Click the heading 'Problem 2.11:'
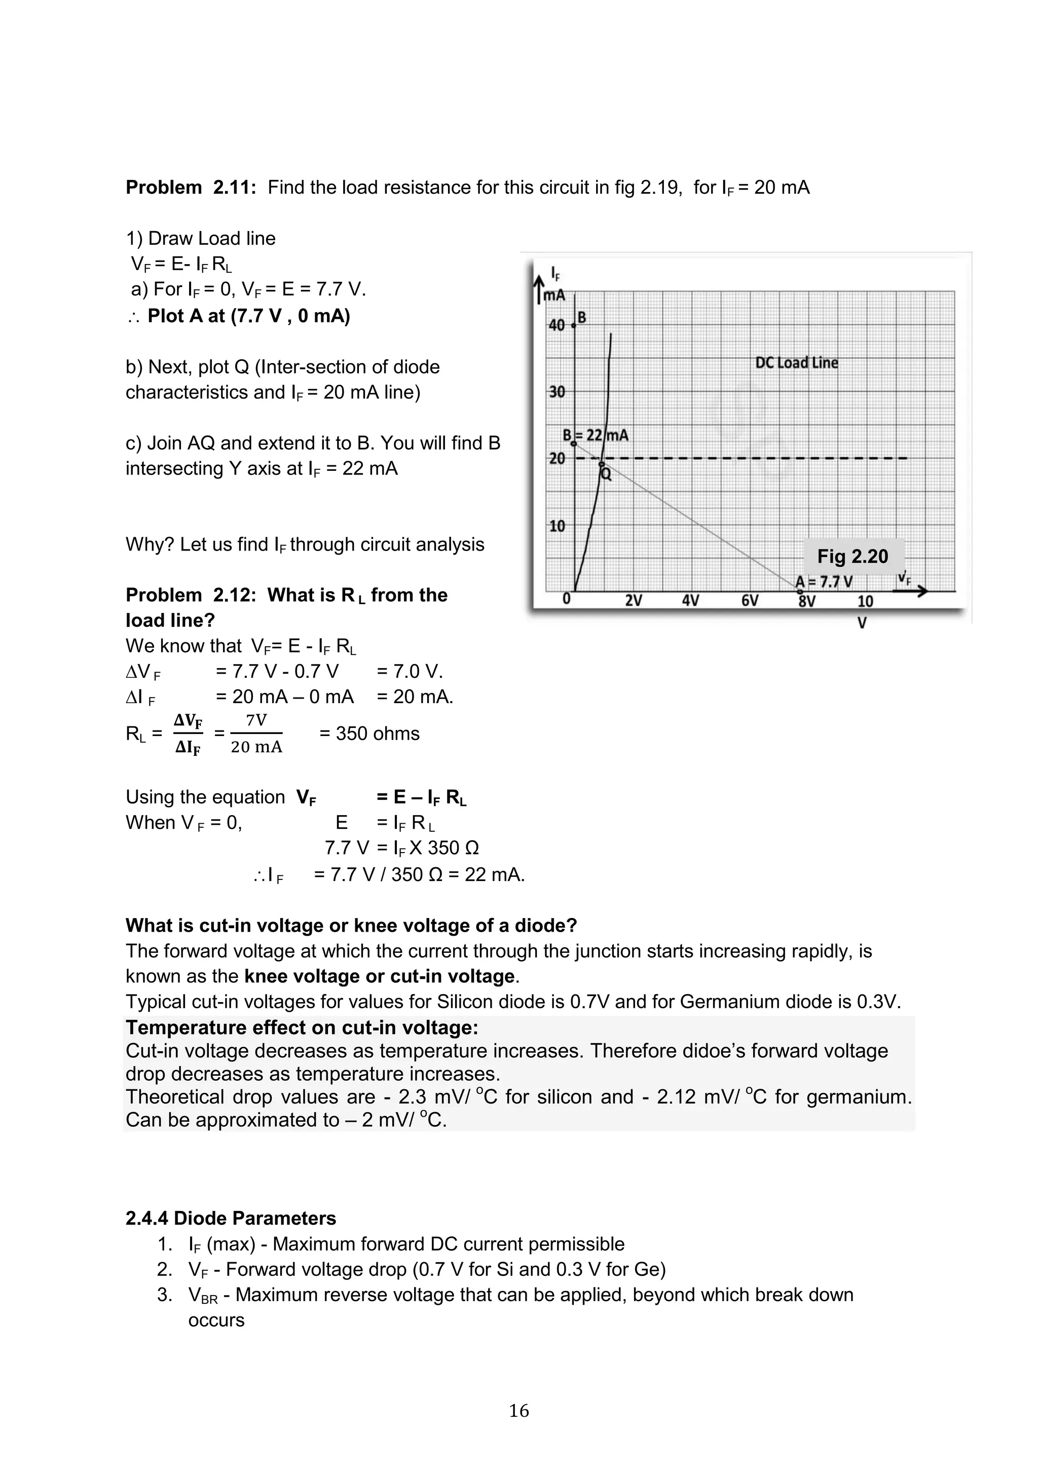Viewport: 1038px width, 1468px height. coord(191,188)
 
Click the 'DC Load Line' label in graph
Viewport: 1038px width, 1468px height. coord(796,363)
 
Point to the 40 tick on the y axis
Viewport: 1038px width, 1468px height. coord(557,325)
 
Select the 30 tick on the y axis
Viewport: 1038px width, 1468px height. coord(557,392)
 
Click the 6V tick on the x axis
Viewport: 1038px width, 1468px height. coord(749,601)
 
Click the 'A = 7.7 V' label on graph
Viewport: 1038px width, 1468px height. coord(824,582)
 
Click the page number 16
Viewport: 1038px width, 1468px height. coord(518,1410)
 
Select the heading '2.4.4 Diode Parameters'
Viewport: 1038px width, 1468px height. coord(231,1219)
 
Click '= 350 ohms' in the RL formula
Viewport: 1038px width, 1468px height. coord(369,733)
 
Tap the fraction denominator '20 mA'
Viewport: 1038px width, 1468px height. coord(256,747)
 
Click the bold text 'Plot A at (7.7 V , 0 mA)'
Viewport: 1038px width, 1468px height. coord(249,316)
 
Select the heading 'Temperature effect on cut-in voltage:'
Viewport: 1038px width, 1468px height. coord(302,1027)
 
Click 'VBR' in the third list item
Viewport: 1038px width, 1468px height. coord(203,1295)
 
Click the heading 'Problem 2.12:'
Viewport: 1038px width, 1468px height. coord(191,595)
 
